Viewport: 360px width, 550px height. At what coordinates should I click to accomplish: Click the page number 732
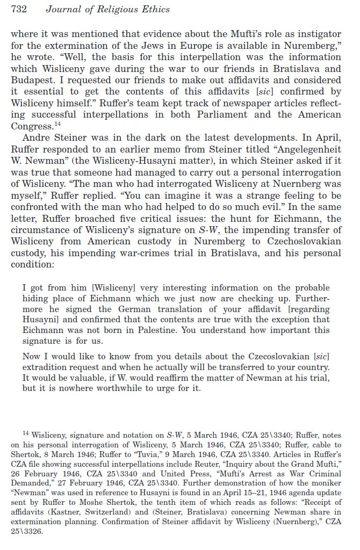[x=19, y=9]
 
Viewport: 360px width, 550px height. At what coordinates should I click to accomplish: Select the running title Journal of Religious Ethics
[x=107, y=9]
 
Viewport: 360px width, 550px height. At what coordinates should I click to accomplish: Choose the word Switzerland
[x=136, y=512]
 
